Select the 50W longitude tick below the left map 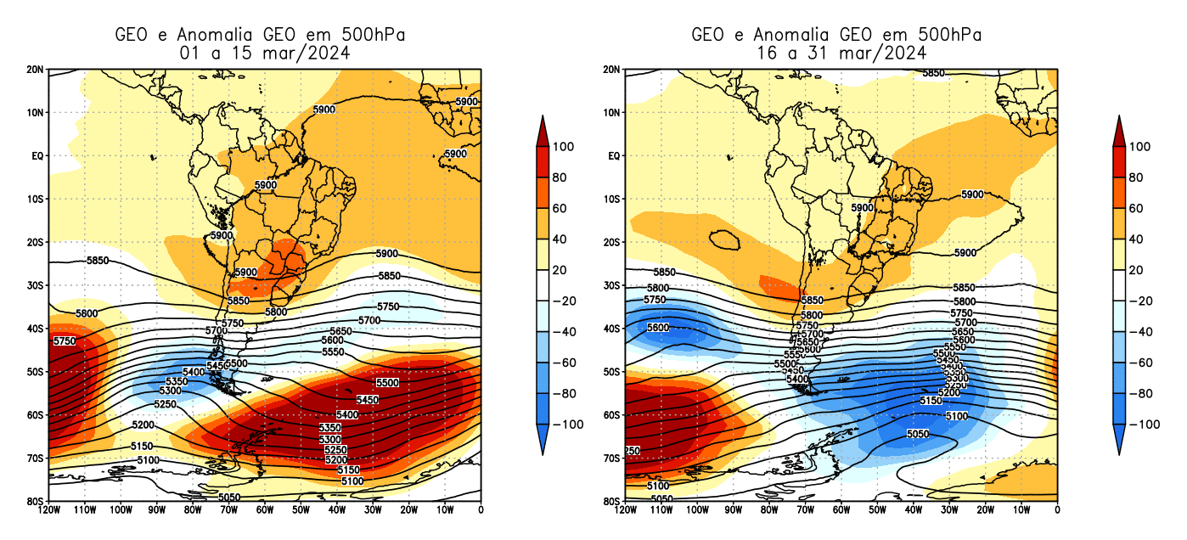(301, 510)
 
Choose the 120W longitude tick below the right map (626, 510)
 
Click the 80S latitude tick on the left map (37, 501)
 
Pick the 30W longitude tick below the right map (949, 510)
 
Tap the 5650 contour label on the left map (340, 330)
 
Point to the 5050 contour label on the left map (229, 497)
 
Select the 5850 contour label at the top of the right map (933, 74)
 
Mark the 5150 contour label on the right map (931, 400)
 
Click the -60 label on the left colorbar (566, 363)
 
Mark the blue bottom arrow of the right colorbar (1118, 439)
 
